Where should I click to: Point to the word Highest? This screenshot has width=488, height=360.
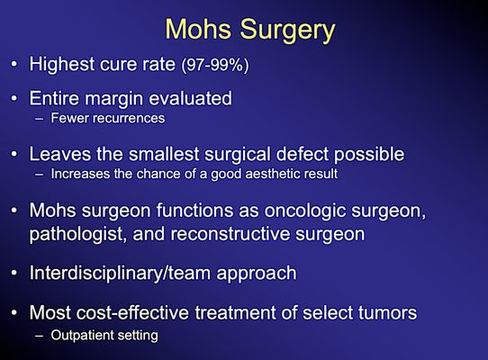point(64,65)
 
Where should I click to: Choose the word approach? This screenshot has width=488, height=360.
point(256,272)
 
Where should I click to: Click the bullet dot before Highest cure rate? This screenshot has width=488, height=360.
point(14,66)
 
